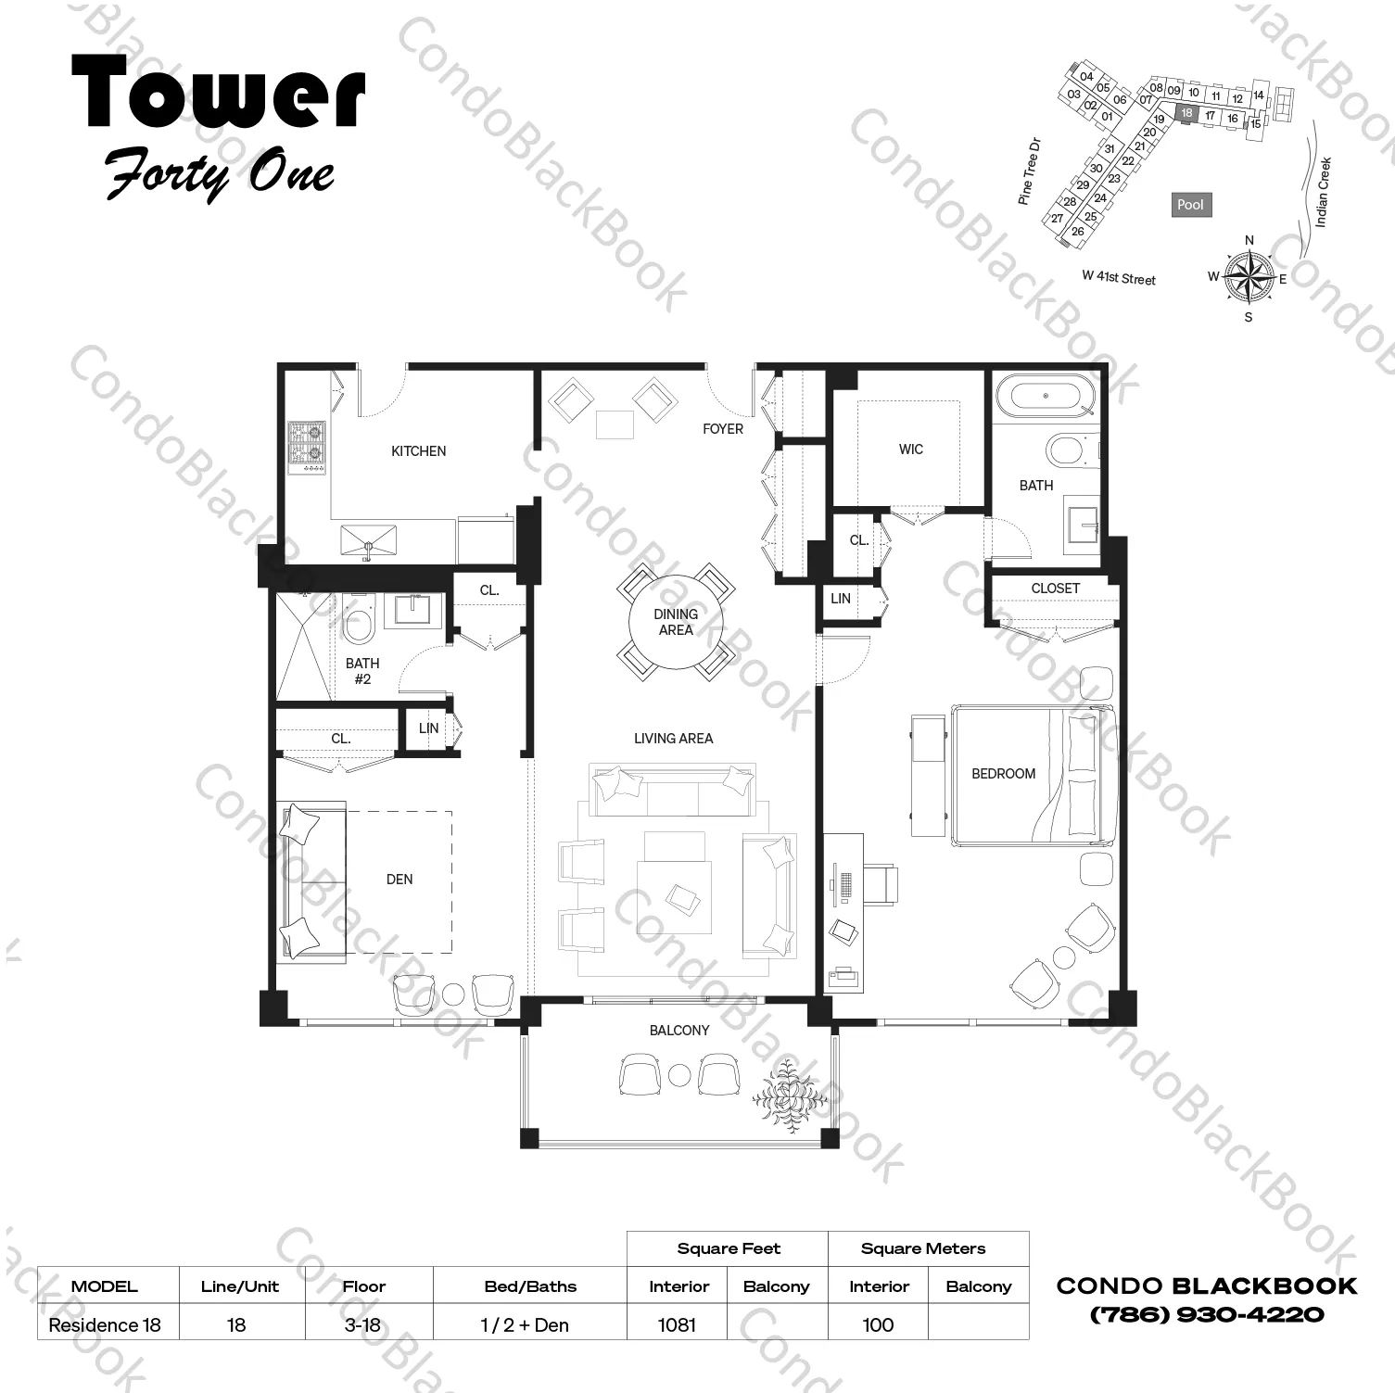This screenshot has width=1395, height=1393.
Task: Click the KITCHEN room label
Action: [x=418, y=451]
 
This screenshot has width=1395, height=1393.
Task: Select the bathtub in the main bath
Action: [x=1045, y=398]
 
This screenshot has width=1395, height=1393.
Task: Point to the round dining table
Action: [x=676, y=622]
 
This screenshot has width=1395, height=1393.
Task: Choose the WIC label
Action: [x=910, y=450]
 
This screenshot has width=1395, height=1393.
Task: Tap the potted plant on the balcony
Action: [x=789, y=1095]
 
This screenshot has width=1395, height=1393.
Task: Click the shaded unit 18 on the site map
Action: [x=1186, y=113]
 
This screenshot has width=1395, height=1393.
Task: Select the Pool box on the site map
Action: [x=1190, y=205]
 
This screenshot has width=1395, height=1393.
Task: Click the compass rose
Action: [x=1249, y=276]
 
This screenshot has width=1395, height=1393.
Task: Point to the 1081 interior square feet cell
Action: [x=677, y=1325]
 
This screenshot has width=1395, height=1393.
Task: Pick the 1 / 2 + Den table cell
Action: [x=525, y=1325]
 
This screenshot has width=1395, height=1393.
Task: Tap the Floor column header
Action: [x=363, y=1286]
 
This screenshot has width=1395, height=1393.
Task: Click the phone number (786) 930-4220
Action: [x=1207, y=1314]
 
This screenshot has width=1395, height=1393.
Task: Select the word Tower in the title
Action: [x=218, y=93]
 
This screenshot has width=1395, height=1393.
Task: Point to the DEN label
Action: [x=399, y=880]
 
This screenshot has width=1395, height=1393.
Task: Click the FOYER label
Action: [x=723, y=429]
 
